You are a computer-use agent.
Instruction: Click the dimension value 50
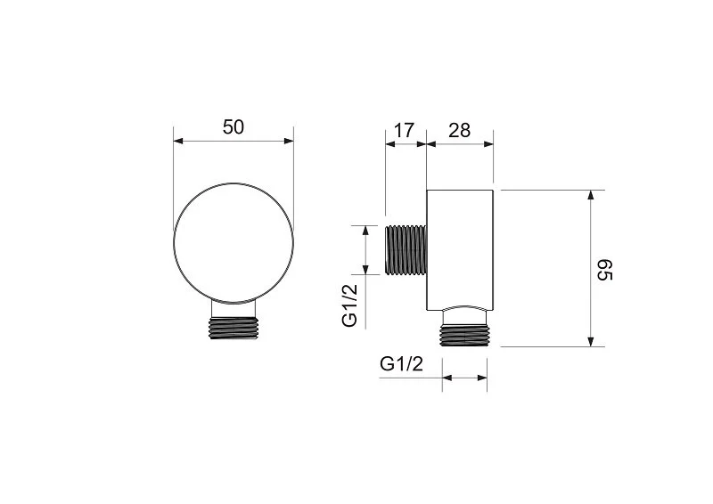[233, 126]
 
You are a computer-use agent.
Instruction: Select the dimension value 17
[404, 130]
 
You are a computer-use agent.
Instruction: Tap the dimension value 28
[459, 130]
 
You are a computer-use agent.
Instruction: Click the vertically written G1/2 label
[351, 305]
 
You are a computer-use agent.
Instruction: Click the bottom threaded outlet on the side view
[465, 336]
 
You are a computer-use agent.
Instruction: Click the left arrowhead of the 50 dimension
[176, 141]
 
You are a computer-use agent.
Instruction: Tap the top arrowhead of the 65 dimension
[589, 195]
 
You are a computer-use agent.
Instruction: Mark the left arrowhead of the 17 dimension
[389, 143]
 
